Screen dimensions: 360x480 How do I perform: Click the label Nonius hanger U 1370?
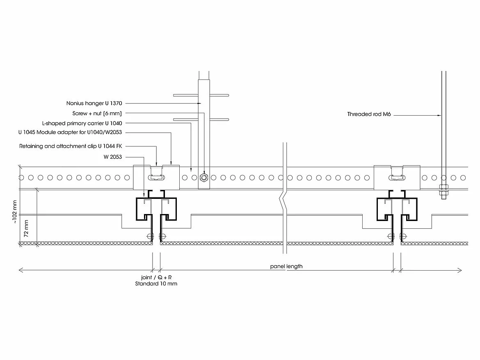click(94, 103)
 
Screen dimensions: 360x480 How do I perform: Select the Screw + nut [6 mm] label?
click(96, 113)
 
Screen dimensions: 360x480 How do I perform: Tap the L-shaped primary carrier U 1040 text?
click(82, 123)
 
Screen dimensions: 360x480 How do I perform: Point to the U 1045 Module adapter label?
click(70, 132)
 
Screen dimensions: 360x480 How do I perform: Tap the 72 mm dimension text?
click(26, 229)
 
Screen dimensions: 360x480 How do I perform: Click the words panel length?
click(286, 267)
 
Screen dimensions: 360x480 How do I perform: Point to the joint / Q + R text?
click(156, 277)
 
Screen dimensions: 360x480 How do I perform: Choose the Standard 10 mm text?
click(156, 284)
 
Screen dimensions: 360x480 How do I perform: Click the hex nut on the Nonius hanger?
click(203, 178)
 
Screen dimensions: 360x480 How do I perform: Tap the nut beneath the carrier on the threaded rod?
click(443, 190)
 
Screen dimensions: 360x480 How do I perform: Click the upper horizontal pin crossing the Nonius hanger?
click(201, 95)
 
